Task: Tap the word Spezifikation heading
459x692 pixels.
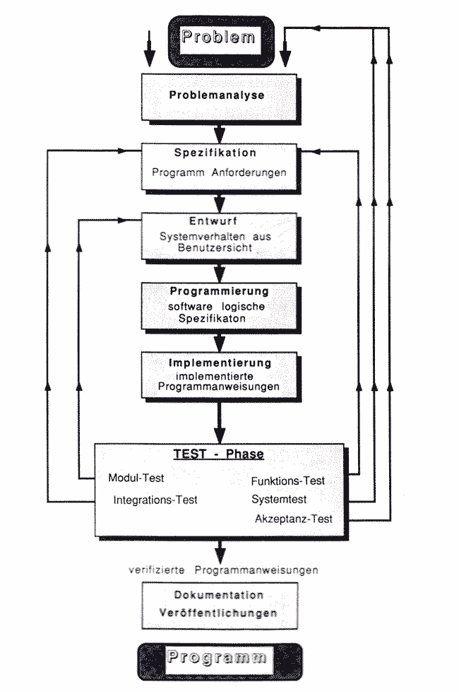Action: point(215,153)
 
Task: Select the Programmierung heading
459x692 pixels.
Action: point(220,291)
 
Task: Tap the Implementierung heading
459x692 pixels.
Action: point(220,363)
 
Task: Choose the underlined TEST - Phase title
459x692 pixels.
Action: point(219,455)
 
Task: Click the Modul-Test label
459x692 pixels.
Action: point(136,478)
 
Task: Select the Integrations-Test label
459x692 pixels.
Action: point(155,500)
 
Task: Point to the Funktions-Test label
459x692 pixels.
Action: point(287,481)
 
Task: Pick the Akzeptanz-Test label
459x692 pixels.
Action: point(293,519)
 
